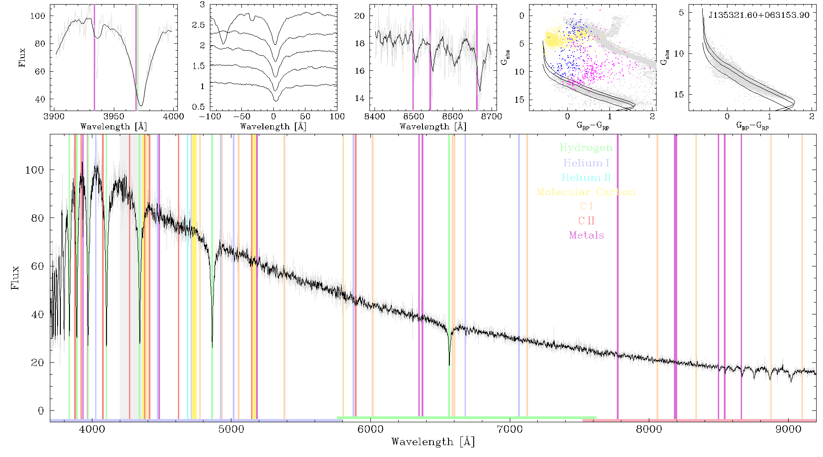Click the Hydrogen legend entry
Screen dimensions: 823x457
[x=586, y=148]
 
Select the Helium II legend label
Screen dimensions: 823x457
[x=586, y=177]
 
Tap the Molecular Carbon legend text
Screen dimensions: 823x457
[x=586, y=192]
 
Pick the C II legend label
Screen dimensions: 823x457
[x=586, y=221]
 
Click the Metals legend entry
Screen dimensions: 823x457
[x=586, y=235]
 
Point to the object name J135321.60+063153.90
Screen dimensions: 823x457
[x=759, y=15]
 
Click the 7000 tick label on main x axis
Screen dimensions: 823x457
[x=510, y=429]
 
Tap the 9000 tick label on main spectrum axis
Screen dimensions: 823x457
[x=789, y=429]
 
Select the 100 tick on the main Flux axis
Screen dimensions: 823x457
[x=35, y=170]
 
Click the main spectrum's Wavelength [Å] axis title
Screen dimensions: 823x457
[x=433, y=442]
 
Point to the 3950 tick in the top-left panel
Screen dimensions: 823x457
[x=114, y=117]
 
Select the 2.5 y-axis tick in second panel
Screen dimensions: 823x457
[x=199, y=25]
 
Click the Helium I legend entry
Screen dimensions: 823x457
[x=586, y=163]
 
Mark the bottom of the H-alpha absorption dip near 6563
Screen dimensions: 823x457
[x=449, y=365]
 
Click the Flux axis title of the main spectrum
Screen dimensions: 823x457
[x=15, y=277]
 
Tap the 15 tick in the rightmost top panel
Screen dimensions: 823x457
[x=679, y=95]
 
